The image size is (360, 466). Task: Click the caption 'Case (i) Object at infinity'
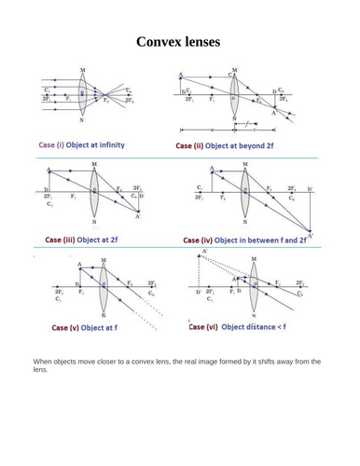click(81, 146)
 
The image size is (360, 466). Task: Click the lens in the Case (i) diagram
click(82, 95)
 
